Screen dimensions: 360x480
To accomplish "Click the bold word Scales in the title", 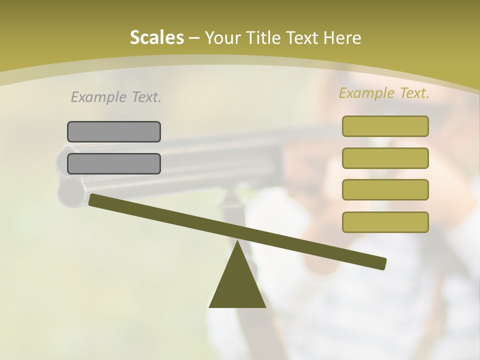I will coord(156,37).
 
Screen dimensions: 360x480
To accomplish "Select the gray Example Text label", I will coord(116,97).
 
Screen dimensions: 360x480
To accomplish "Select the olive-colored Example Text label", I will coord(384,93).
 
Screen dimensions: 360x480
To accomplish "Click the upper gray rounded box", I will coord(114,131).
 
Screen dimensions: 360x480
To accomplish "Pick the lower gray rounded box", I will coord(114,163).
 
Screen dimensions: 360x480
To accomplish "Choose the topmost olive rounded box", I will coord(385,126).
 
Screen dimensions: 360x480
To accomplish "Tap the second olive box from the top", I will coord(385,158).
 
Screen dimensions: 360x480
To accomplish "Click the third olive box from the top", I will coord(385,190).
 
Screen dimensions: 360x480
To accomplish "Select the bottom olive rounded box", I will coord(385,222).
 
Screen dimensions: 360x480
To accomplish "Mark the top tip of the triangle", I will coord(237,243).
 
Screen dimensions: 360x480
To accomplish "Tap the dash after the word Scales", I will coord(194,38).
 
